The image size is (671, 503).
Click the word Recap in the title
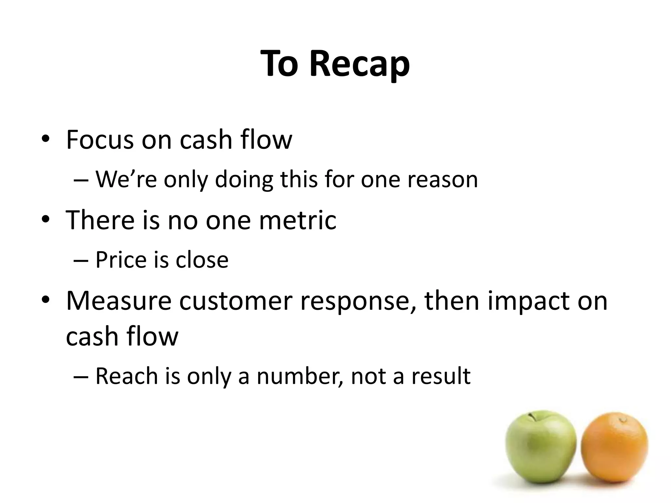tap(359, 64)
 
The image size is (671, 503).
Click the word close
tap(202, 260)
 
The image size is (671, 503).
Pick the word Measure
tap(119, 300)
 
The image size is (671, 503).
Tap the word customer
tap(236, 300)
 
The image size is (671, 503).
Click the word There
tap(100, 220)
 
